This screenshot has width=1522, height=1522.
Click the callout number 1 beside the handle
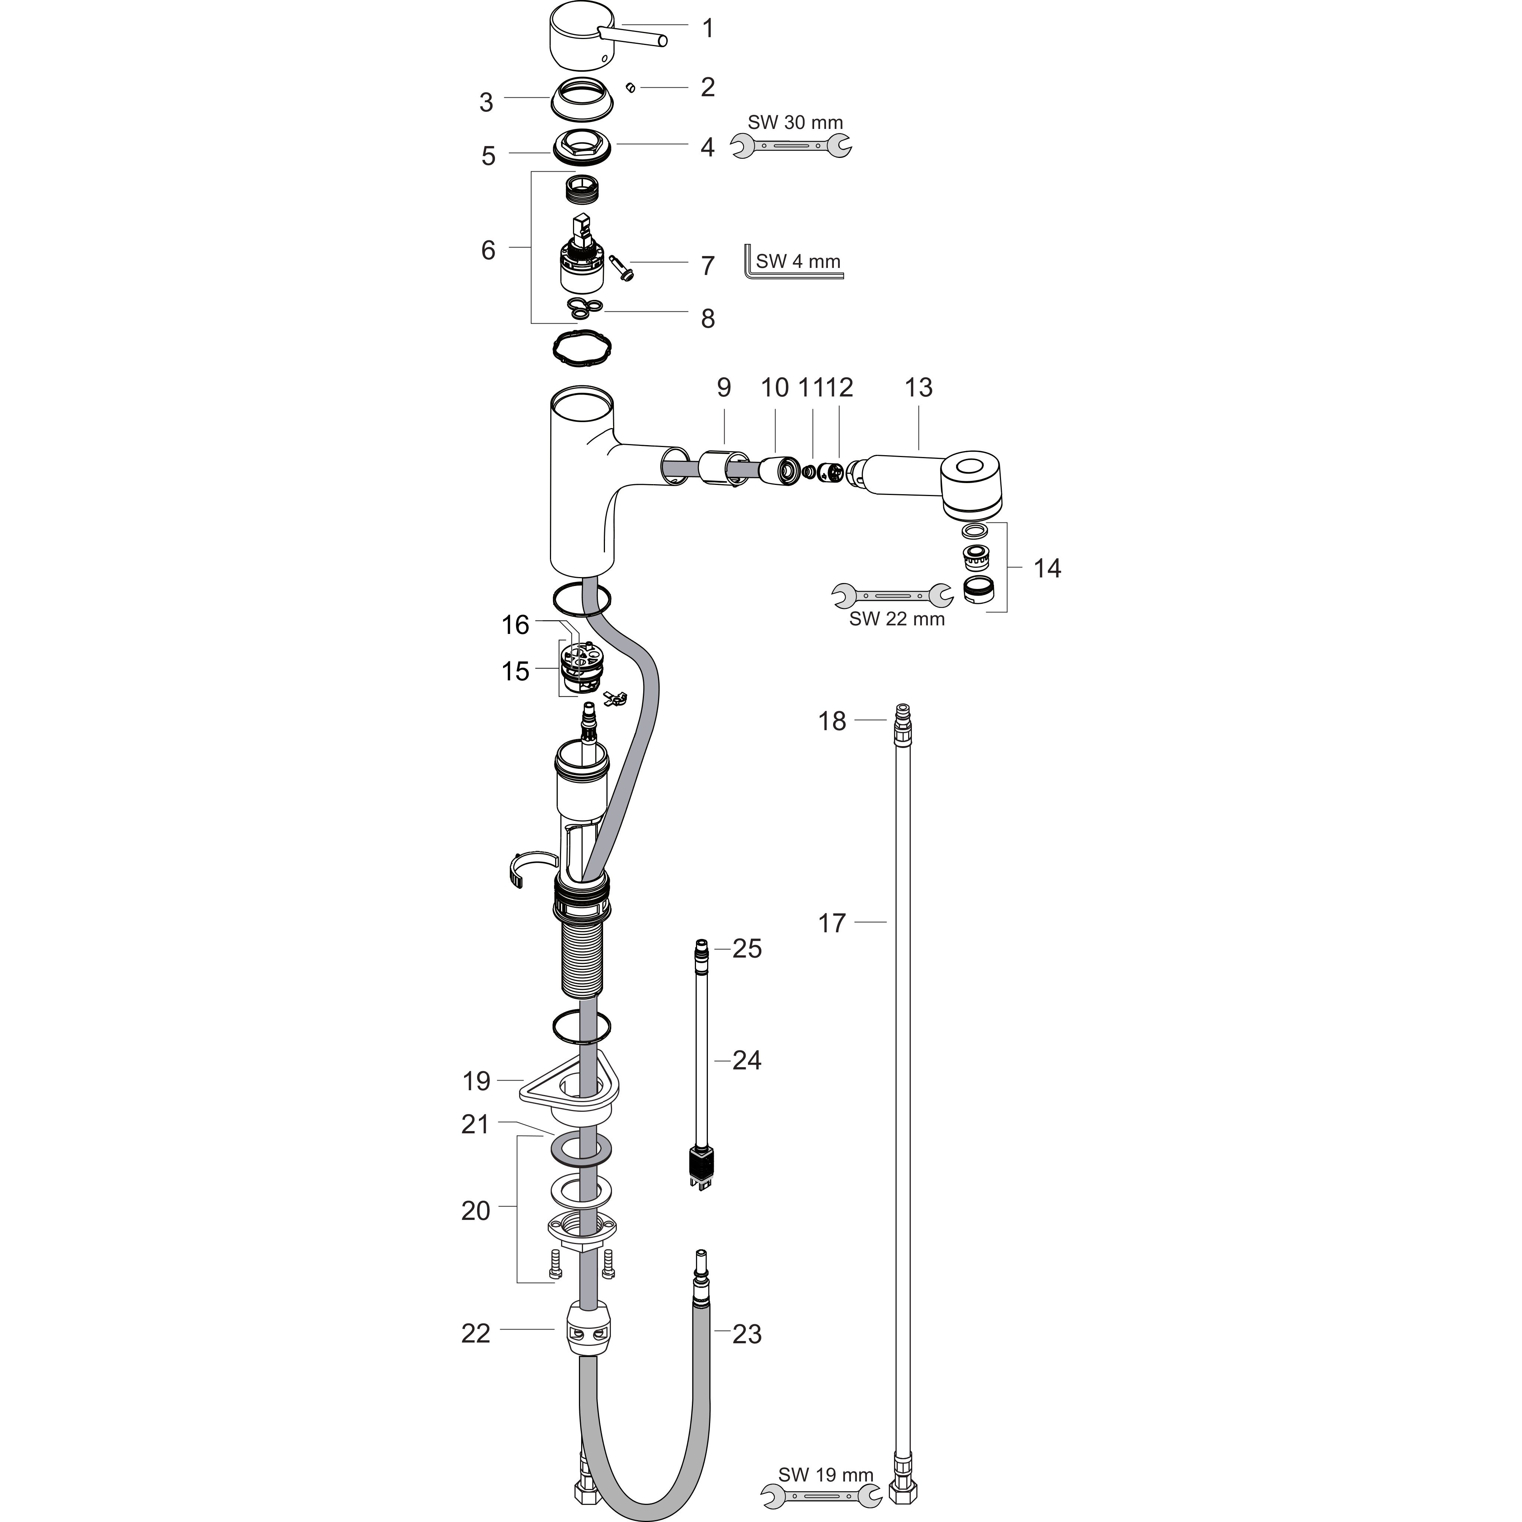pyautogui.click(x=707, y=28)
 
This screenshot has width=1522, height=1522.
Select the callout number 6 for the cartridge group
pyautogui.click(x=488, y=250)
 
